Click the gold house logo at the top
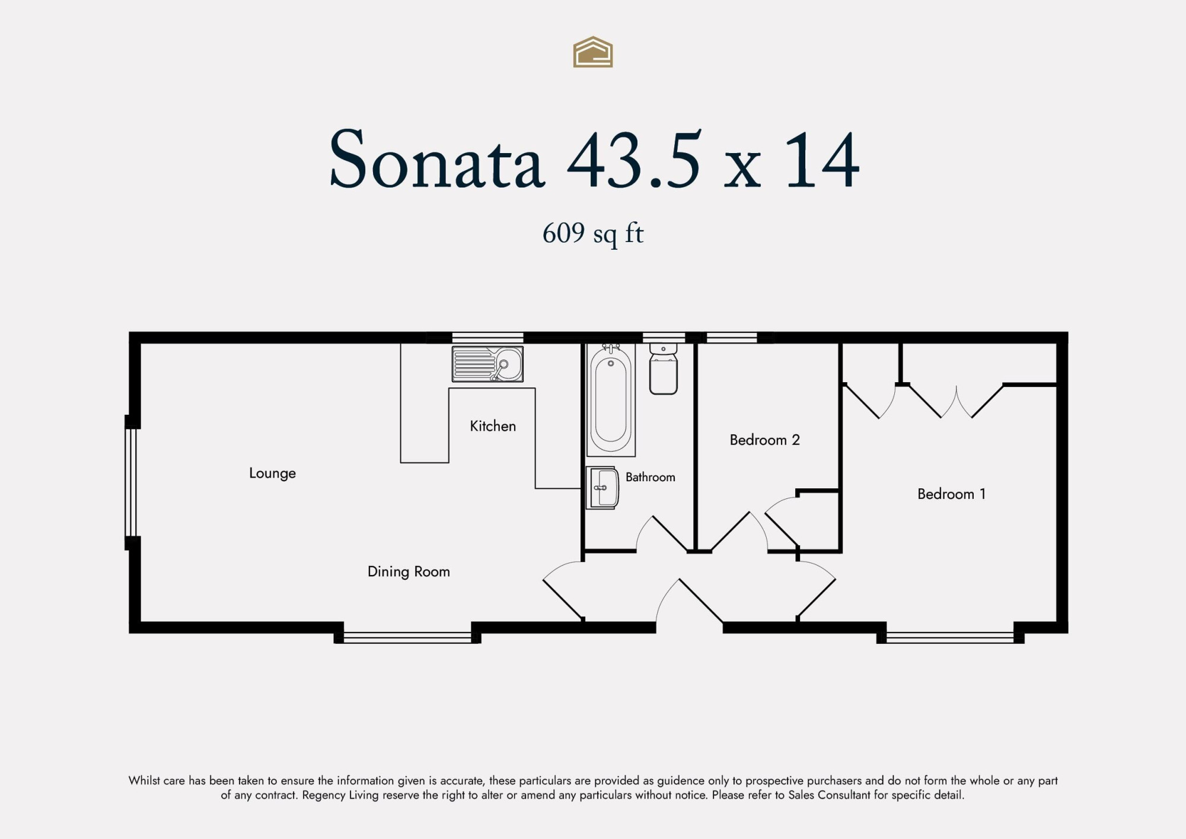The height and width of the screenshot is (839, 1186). coord(593,52)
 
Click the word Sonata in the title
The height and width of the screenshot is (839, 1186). coord(437,159)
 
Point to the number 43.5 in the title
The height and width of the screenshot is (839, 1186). coord(634,159)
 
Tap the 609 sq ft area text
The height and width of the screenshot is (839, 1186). coord(593,233)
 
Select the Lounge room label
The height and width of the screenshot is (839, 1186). coord(272,473)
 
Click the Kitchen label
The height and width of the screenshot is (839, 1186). coord(493,426)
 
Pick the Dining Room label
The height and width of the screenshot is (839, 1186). coord(409,571)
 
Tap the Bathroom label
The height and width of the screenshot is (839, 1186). coord(651,477)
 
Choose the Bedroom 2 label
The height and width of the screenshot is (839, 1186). coord(765,440)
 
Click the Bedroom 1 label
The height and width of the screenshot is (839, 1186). coord(951,494)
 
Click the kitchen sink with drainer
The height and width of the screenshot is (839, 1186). coord(487,364)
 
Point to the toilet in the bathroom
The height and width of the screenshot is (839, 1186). coord(664,368)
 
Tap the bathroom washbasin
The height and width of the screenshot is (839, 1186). coord(602,488)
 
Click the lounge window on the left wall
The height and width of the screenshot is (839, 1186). coord(131,482)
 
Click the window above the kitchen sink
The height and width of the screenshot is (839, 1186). coord(487,338)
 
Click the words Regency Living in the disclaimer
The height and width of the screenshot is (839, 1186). coord(340,795)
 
